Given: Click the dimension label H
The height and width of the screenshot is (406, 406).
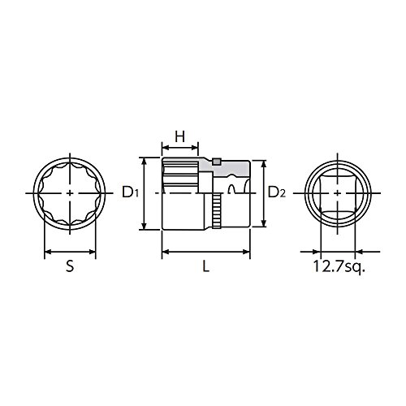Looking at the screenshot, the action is point(180,136).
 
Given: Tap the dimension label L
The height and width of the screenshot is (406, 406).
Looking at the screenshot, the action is point(206,266).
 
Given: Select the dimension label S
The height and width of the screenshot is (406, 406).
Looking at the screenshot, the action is point(70,266).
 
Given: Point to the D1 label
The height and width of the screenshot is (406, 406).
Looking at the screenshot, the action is point(131,192).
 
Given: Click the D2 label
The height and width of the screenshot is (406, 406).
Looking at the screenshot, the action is point(277,192).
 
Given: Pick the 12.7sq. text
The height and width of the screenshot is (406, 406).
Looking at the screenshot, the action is point(339,266).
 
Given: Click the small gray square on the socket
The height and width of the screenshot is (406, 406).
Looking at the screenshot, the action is point(216,162).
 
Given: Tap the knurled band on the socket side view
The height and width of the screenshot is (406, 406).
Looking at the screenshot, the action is point(217,213).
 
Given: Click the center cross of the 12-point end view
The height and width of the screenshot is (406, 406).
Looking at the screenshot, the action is point(70,193).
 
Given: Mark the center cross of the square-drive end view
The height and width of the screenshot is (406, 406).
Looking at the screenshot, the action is point(337,193).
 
